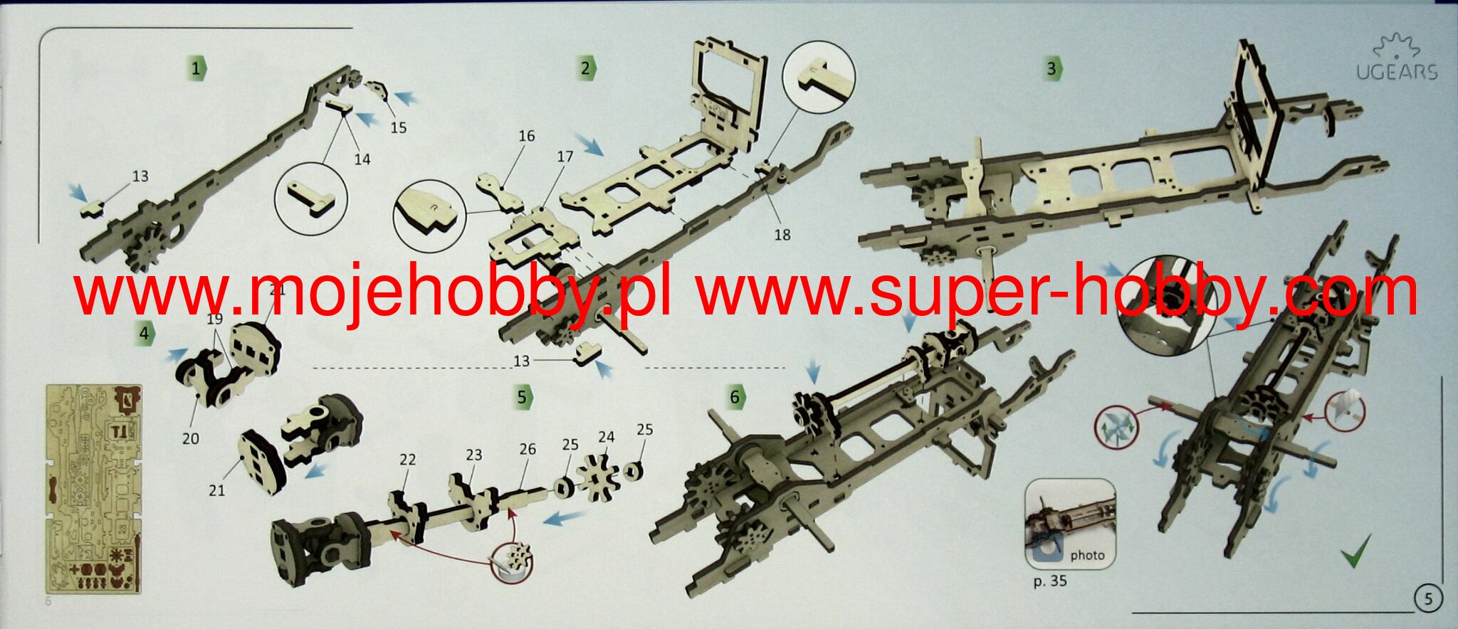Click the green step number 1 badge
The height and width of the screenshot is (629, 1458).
[197, 68]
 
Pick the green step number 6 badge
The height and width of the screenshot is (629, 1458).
[735, 396]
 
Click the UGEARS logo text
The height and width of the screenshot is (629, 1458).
[1396, 72]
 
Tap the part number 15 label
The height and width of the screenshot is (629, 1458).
[398, 127]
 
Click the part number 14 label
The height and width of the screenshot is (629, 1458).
[362, 159]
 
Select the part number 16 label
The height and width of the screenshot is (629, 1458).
[526, 136]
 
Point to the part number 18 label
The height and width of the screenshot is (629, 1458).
[782, 235]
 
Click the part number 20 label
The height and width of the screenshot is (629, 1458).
[191, 439]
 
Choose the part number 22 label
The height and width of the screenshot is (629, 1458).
[407, 460]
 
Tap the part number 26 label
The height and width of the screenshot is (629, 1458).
[528, 450]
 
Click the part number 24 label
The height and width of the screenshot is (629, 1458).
[606, 437]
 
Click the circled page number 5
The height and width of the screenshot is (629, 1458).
[1428, 598]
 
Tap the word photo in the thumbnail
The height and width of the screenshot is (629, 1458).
[1087, 555]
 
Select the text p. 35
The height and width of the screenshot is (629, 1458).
[1049, 581]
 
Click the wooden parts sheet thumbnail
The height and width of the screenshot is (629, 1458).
[93, 490]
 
